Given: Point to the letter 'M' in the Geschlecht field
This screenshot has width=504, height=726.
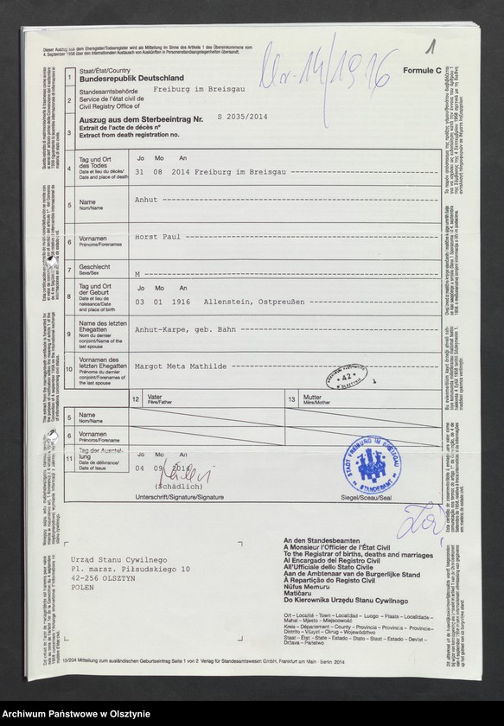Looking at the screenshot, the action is point(137,272).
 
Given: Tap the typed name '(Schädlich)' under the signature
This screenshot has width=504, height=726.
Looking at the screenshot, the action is point(180,487).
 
